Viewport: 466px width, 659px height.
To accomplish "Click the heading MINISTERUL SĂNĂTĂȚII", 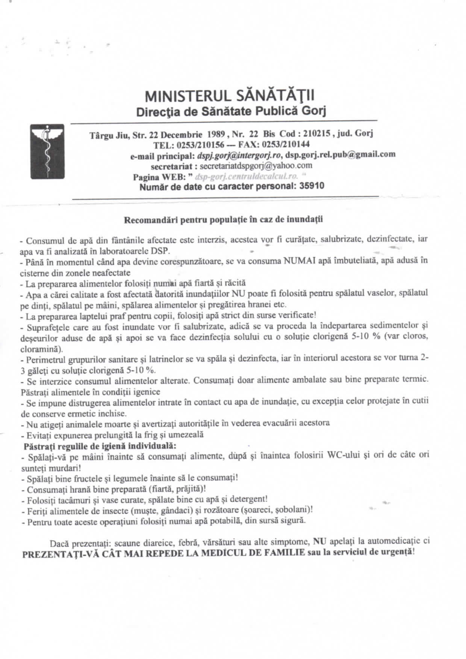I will pyautogui.click(x=230, y=96).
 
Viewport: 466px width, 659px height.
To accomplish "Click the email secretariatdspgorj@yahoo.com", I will pyautogui.click(x=256, y=165).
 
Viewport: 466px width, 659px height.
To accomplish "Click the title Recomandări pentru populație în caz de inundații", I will pyautogui.click(x=223, y=219).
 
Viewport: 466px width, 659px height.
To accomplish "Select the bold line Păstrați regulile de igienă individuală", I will pyautogui.click(x=100, y=446).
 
